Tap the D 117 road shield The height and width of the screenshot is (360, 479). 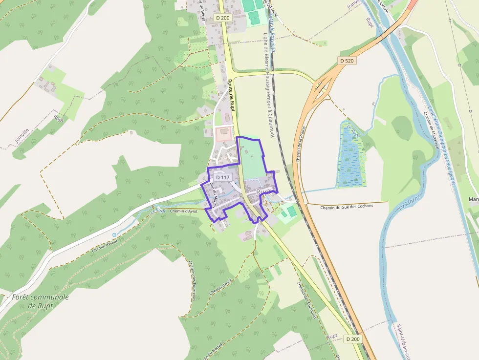pyautogui.click(x=222, y=177)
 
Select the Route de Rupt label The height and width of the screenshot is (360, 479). pyautogui.click(x=232, y=98)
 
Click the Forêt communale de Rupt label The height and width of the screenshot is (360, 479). pyautogui.click(x=41, y=301)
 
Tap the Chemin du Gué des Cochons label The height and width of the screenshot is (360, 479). pyautogui.click(x=347, y=206)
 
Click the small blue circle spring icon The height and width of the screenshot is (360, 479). pyautogui.click(x=114, y=235)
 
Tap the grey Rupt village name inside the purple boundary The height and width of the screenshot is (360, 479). pyautogui.click(x=263, y=192)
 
